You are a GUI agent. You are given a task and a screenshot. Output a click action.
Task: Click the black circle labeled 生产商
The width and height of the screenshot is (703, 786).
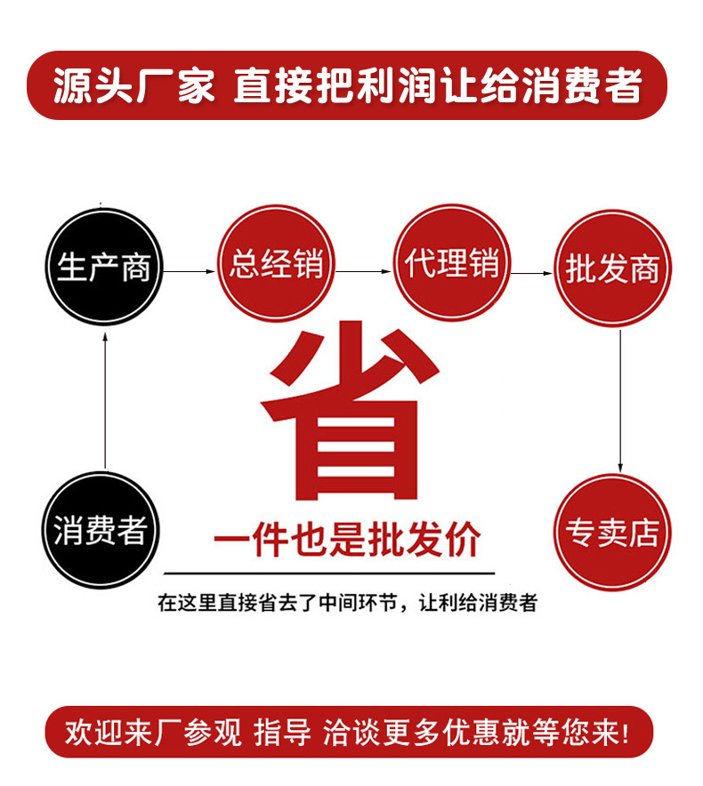point(104,265)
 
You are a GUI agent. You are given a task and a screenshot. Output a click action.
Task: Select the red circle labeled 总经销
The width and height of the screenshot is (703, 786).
point(275,263)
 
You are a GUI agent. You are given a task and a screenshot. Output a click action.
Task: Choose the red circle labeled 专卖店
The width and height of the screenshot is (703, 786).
point(612,532)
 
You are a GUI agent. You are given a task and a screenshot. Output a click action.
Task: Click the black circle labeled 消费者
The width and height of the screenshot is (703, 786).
point(100,531)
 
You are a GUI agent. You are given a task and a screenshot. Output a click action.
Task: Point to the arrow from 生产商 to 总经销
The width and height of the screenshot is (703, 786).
point(190,270)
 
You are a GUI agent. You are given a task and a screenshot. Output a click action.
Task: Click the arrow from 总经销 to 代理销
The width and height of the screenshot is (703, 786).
point(365,271)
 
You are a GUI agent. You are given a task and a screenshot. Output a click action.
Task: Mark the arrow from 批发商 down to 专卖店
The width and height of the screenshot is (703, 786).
point(620,400)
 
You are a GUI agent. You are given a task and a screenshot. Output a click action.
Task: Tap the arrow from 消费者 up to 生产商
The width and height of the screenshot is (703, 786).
point(105,400)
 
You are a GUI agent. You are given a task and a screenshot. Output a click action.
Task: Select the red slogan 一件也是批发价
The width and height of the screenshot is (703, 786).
point(347,540)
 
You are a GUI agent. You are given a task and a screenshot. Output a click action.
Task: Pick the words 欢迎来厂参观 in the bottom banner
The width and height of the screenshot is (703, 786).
point(153,732)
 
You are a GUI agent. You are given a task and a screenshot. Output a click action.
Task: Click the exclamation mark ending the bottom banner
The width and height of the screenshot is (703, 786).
point(622,733)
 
